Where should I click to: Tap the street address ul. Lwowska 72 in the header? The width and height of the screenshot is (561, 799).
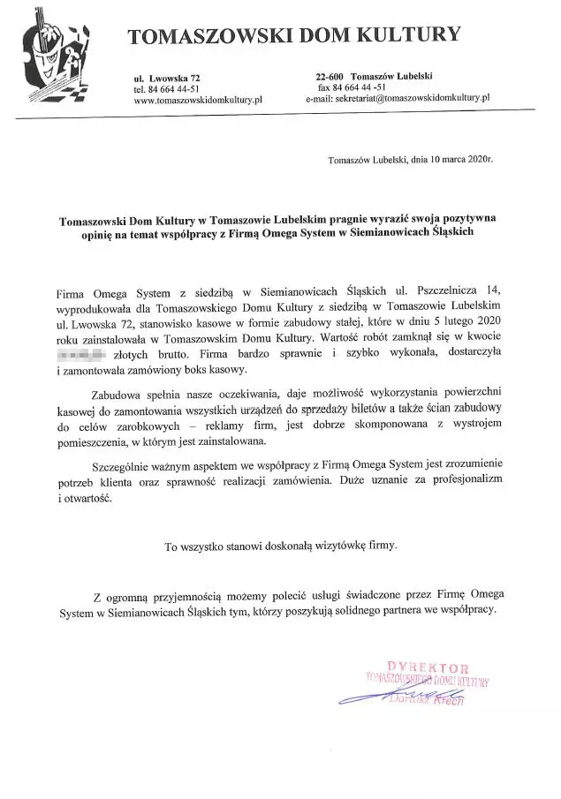pyautogui.click(x=168, y=79)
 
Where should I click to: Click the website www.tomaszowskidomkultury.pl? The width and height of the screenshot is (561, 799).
pyautogui.click(x=199, y=101)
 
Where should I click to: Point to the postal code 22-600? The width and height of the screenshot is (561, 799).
pyautogui.click(x=330, y=78)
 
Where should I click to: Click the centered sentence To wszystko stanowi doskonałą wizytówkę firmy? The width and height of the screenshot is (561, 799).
pyautogui.click(x=280, y=546)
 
